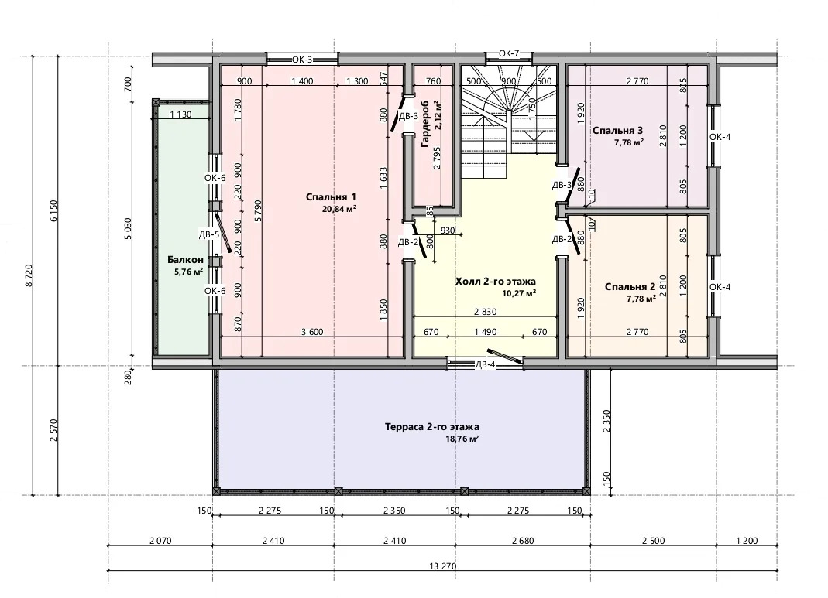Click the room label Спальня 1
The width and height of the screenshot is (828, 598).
tap(331, 197)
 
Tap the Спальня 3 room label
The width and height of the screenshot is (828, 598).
tap(617, 130)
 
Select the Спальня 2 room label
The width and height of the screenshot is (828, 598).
tap(630, 287)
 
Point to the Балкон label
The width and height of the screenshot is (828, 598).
tap(185, 259)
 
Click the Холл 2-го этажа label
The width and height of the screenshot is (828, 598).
tap(495, 282)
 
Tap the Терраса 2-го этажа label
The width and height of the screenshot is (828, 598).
tap(432, 427)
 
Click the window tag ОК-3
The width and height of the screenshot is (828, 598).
tap(302, 60)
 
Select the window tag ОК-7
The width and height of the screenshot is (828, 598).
tap(510, 53)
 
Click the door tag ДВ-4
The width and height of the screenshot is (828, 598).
tap(485, 365)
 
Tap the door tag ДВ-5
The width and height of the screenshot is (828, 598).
tap(208, 234)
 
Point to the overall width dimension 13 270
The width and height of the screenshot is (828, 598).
tap(442, 566)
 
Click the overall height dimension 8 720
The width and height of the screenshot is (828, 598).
tap(29, 276)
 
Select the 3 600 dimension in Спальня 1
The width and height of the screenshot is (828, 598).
tap(312, 332)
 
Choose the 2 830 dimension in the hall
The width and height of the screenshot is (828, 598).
tap(486, 312)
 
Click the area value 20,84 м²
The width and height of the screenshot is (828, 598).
tap(339, 209)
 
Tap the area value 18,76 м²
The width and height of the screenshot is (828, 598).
tap(462, 439)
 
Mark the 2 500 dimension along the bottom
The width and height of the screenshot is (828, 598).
tap(653, 541)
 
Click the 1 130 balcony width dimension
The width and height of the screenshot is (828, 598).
tap(180, 114)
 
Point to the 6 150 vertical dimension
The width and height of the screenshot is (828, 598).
tap(53, 211)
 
